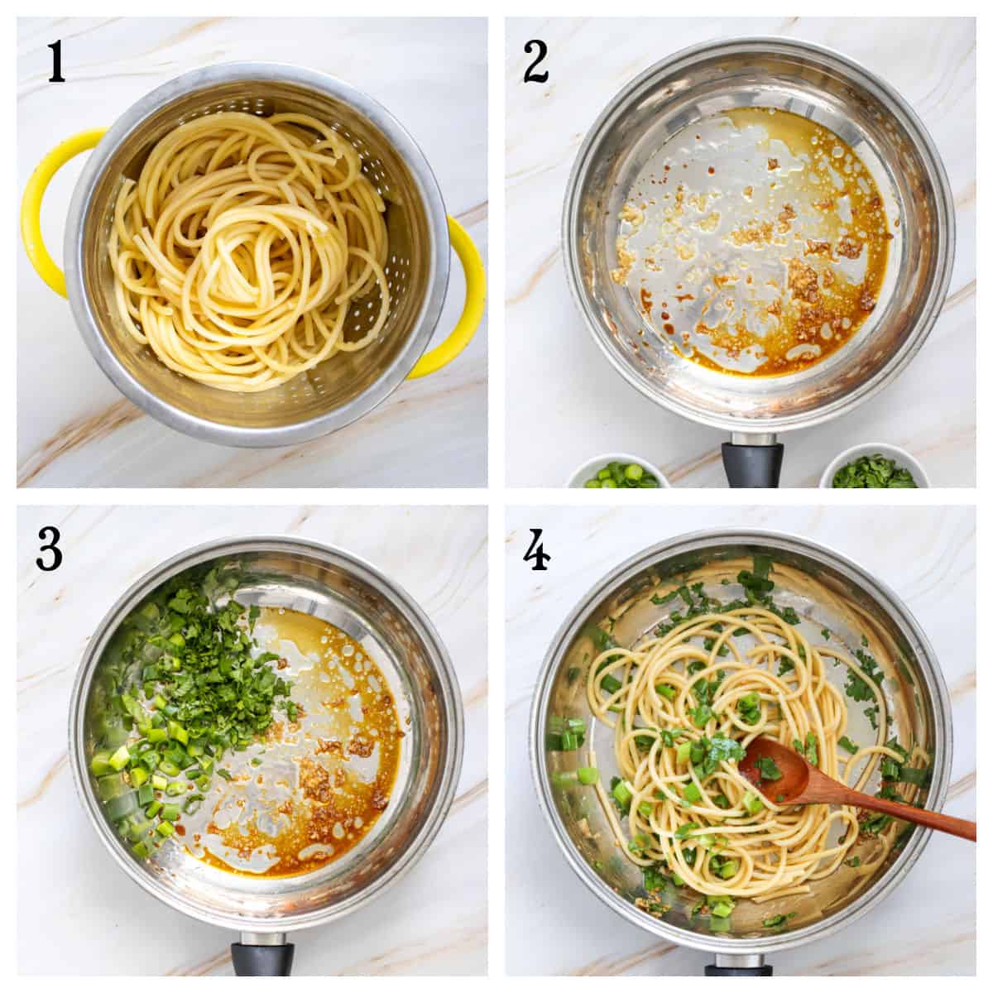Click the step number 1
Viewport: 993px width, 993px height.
tap(55, 61)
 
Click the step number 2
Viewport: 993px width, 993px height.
tap(535, 61)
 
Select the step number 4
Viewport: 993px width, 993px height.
tap(538, 549)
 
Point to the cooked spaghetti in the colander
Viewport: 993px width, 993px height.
tap(248, 248)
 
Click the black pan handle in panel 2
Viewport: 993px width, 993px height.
tap(751, 463)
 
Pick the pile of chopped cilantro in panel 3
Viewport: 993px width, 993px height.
tap(223, 654)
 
